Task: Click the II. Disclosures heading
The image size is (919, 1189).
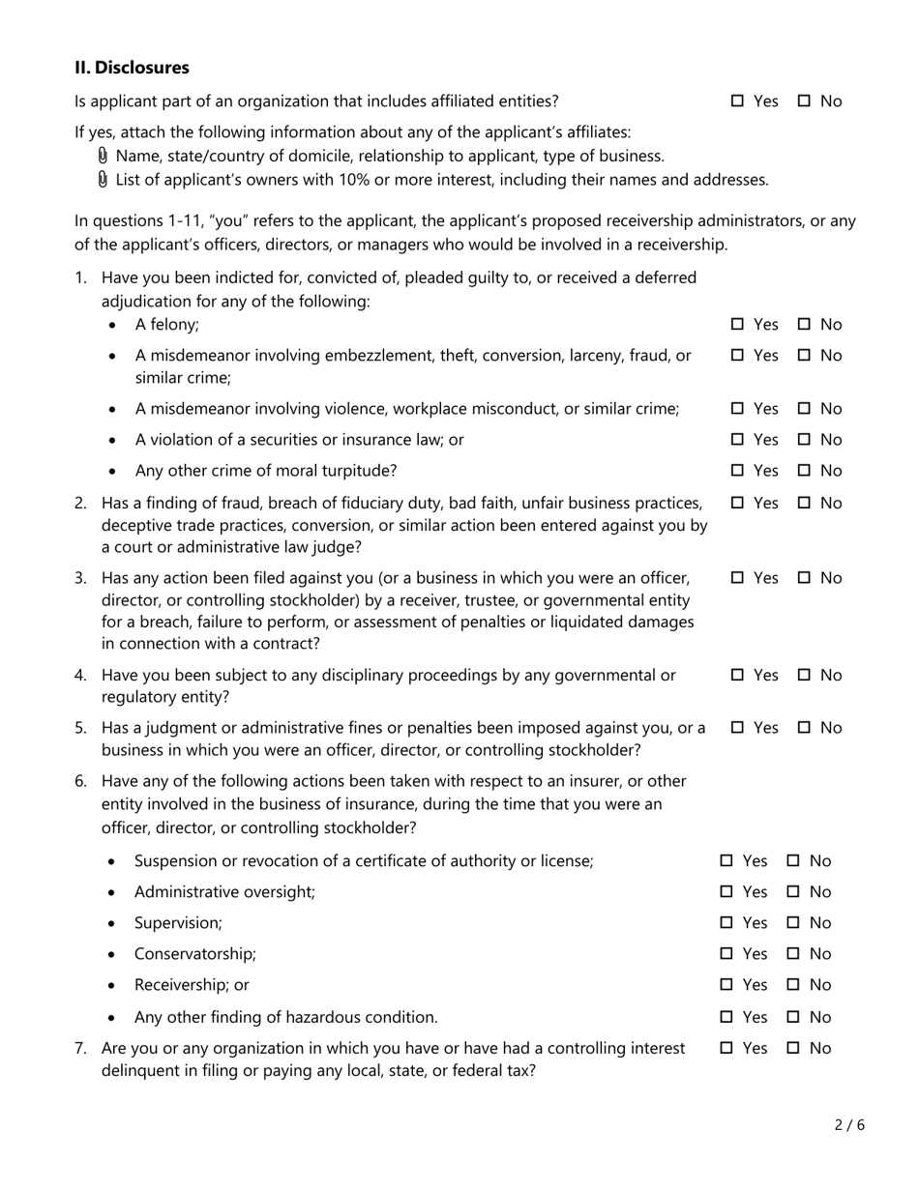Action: pos(132,68)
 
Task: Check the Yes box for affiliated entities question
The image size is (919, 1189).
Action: pos(737,101)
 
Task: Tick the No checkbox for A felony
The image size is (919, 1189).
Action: pos(804,325)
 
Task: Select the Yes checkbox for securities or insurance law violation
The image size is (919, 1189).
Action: pos(737,440)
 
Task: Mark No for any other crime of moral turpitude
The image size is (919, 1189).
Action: pos(804,471)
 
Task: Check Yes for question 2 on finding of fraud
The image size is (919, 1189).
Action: pos(737,503)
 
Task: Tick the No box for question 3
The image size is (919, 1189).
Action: pos(804,578)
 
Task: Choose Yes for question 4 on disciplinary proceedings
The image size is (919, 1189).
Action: pos(737,675)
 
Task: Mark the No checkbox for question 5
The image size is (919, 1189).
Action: pos(804,728)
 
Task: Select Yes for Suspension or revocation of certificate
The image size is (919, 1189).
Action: pos(726,861)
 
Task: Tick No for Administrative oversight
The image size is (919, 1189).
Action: pos(793,892)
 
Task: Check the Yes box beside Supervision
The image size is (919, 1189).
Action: pos(726,923)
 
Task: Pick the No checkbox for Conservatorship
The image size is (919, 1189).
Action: pos(793,954)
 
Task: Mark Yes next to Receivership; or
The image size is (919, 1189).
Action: pos(726,985)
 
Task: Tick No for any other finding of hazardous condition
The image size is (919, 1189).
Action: pos(793,1017)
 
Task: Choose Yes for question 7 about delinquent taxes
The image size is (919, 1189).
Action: pos(726,1048)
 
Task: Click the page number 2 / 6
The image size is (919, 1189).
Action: pos(848,1125)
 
